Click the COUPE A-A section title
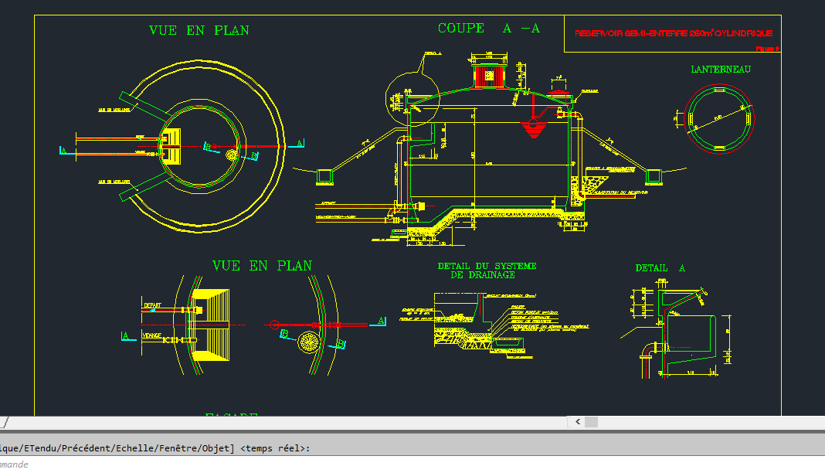pos(488,29)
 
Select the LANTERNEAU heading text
pos(720,69)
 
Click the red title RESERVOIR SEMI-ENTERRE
pos(673,33)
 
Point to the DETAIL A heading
pos(660,268)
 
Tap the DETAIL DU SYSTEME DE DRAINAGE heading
pos(487,270)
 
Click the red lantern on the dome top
pos(488,76)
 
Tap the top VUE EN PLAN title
pos(199,30)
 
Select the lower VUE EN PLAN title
pos(262,265)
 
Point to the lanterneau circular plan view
pos(718,116)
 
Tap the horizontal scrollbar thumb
pos(591,422)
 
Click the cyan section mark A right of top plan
pos(300,143)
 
